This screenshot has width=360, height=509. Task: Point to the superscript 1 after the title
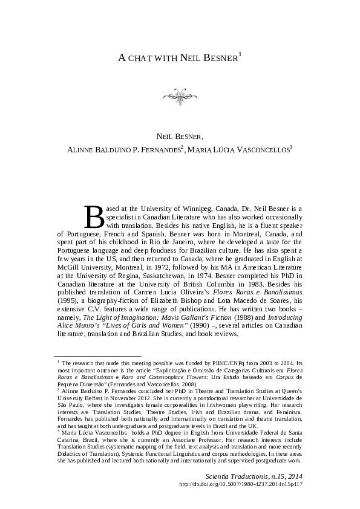click(x=240, y=54)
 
